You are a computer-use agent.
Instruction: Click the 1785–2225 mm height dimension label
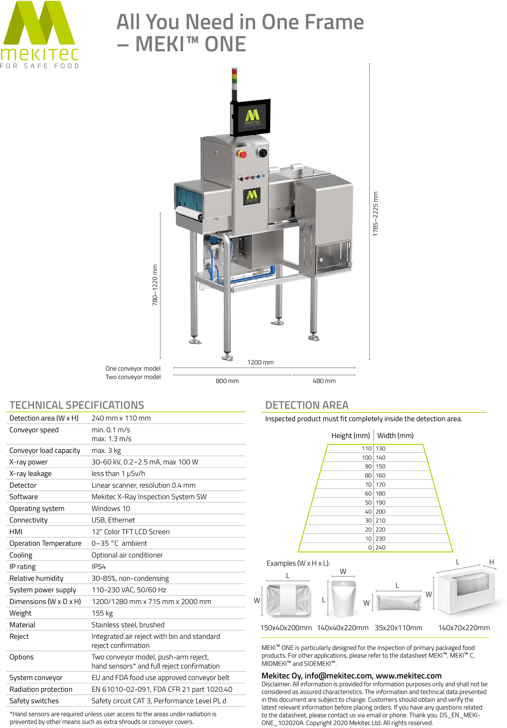tap(376, 214)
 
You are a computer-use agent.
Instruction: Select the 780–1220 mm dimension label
tap(155, 285)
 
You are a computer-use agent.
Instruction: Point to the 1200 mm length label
tap(260, 362)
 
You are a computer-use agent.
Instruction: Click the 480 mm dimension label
tap(324, 381)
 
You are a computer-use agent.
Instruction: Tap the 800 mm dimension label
tap(227, 381)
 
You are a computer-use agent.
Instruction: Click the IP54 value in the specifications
tap(99, 566)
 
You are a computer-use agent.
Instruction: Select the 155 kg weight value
tap(102, 613)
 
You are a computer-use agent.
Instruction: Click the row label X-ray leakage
tap(30, 473)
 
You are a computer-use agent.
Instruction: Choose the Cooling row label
tap(21, 555)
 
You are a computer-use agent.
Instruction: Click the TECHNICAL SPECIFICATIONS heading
tap(77, 405)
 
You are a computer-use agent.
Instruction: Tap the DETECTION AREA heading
tap(307, 405)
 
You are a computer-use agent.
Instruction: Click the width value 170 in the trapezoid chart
tap(381, 485)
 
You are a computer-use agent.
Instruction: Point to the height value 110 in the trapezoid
tap(367, 448)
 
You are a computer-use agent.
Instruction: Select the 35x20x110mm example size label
tap(398, 628)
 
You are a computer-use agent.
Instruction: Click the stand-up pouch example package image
tap(343, 598)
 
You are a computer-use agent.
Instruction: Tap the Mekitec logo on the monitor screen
tap(252, 117)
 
